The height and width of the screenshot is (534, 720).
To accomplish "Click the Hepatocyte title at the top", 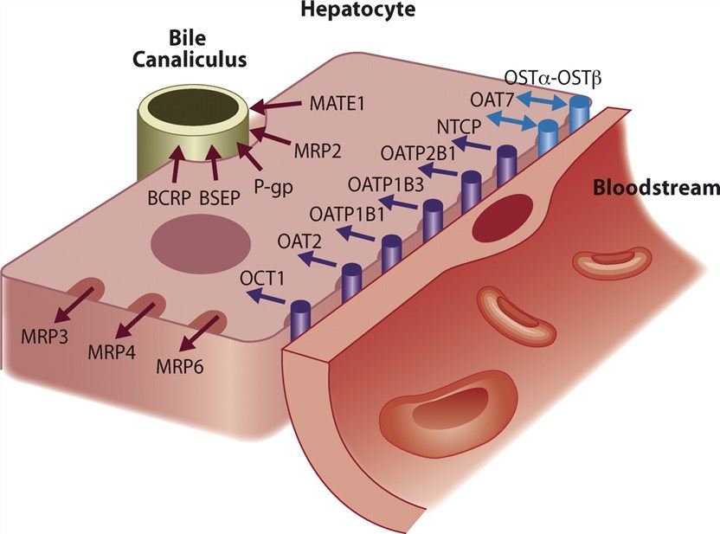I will tap(357, 10).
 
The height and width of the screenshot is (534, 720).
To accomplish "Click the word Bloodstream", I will tap(656, 187).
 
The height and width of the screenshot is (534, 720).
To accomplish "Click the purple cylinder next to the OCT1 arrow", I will tap(301, 319).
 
